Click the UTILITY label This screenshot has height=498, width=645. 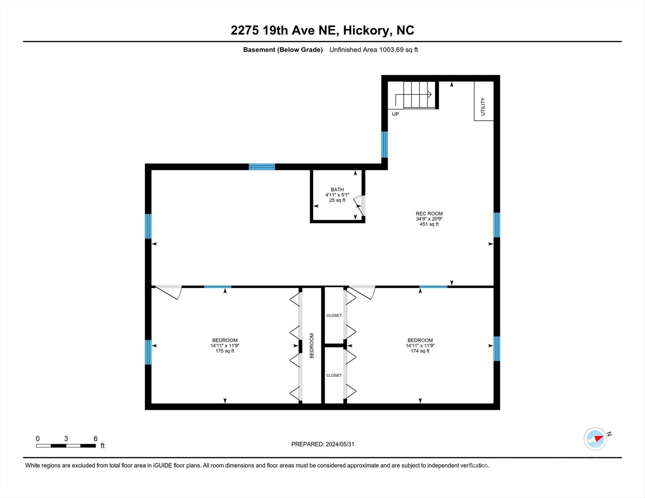click(483, 106)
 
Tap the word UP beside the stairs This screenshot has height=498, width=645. click(396, 114)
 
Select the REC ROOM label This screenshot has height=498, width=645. click(429, 213)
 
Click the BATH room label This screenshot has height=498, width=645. click(337, 189)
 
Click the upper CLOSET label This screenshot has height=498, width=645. click(334, 315)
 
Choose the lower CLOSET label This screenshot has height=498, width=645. click(334, 375)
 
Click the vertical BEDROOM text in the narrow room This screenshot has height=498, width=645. click(312, 346)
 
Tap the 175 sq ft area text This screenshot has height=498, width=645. click(225, 351)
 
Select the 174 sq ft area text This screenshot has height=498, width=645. click(420, 351)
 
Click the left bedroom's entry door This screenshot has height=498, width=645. click(168, 292)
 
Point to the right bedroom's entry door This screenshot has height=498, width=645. click(362, 292)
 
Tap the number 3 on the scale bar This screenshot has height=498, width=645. click(66, 439)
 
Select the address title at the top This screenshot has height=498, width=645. click(322, 30)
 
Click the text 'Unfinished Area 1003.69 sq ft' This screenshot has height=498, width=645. click(373, 50)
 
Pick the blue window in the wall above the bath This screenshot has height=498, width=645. click(262, 167)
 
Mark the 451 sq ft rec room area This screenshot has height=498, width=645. click(429, 224)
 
